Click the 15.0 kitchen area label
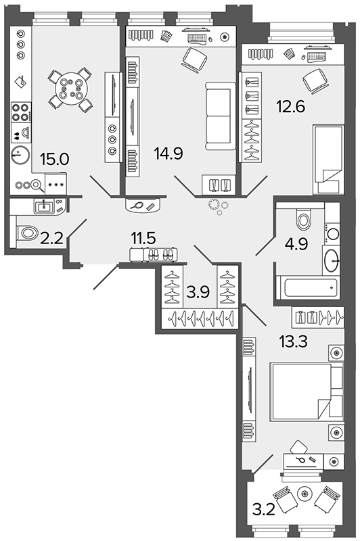click(x=55, y=159)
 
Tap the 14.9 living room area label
click(x=168, y=154)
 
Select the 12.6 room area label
click(x=290, y=106)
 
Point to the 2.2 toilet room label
click(x=52, y=238)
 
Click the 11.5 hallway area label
click(x=143, y=238)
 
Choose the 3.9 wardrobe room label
click(x=198, y=292)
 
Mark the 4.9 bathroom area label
click(x=296, y=244)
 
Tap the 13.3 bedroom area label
click(x=293, y=342)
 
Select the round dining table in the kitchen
click(x=71, y=89)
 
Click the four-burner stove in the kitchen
click(x=20, y=112)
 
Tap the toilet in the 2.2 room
click(x=27, y=233)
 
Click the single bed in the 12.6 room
click(x=328, y=160)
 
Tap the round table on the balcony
click(x=305, y=494)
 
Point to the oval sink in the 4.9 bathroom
click(x=332, y=261)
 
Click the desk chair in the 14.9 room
click(x=194, y=60)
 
